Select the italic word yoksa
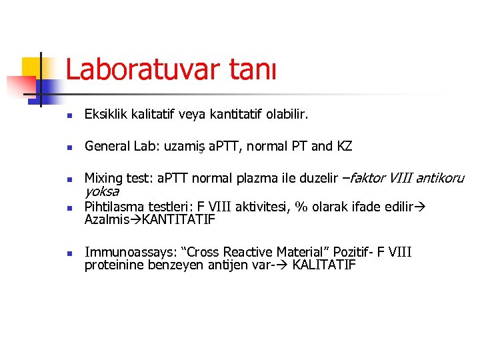pyautogui.click(x=101, y=191)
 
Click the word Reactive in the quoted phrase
pyautogui.click(x=254, y=252)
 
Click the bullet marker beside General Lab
pyautogui.click(x=69, y=147)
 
